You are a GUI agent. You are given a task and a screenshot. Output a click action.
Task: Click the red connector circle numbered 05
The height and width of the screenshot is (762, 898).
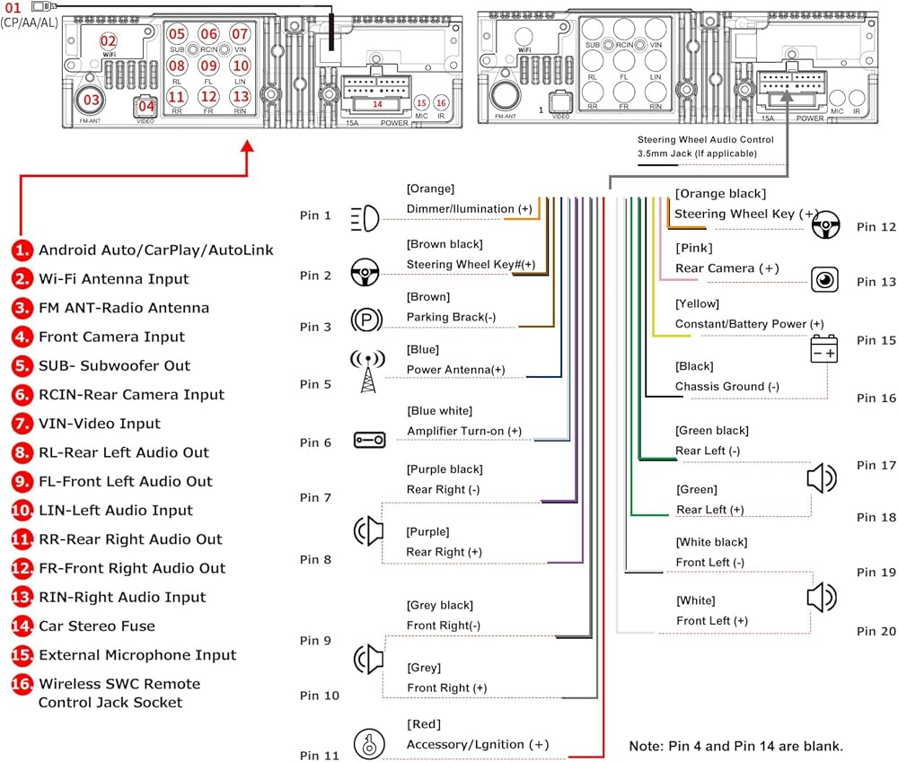[177, 34]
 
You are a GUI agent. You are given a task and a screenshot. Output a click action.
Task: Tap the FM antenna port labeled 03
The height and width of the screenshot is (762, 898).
[91, 101]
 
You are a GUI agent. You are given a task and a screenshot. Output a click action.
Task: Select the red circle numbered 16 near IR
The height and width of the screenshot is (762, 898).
[441, 103]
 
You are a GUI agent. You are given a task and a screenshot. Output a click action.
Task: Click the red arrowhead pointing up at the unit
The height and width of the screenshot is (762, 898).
[247, 146]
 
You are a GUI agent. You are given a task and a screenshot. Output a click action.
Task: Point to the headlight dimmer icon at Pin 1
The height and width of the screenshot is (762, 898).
[365, 218]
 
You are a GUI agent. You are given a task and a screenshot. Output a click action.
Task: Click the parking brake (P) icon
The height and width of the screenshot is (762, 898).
[366, 320]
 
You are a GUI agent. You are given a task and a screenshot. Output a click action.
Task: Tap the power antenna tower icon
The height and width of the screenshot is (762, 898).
[367, 372]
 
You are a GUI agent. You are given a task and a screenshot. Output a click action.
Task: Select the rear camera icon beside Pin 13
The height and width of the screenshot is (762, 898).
[824, 280]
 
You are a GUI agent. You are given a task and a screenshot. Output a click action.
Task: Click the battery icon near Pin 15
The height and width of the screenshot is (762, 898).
[824, 348]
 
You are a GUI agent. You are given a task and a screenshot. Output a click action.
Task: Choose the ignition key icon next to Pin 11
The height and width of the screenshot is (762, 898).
[369, 743]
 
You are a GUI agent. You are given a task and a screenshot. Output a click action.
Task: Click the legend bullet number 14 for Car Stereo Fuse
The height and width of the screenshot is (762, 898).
[22, 626]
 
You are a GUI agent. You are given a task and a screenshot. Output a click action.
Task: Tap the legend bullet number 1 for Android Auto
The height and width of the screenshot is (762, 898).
[22, 250]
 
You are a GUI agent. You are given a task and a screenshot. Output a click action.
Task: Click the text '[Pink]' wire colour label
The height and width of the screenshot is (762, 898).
[694, 249]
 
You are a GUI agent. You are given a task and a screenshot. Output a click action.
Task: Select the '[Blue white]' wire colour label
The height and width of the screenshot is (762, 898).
[440, 411]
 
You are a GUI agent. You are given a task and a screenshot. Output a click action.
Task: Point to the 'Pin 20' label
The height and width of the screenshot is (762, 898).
[876, 631]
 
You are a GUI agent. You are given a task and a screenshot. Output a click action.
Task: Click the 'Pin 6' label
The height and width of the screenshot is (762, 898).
[315, 442]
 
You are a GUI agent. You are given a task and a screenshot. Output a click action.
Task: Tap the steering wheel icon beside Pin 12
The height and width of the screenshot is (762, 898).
[825, 224]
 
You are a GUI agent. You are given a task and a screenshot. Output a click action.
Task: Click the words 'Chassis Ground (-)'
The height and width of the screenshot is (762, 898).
[727, 387]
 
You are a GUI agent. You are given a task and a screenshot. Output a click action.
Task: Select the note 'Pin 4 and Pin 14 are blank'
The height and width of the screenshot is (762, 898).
[736, 746]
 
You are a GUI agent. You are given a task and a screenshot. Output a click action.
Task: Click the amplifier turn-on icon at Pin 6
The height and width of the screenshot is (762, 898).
[369, 440]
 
